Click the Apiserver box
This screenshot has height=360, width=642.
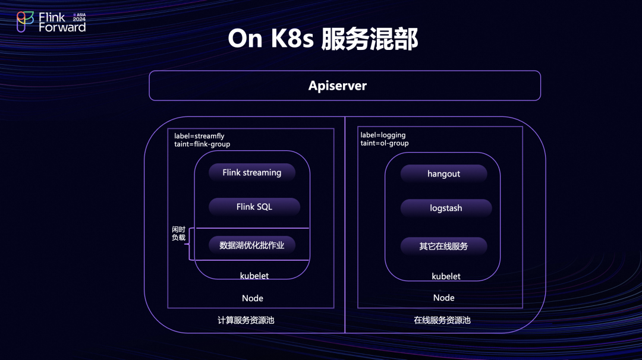(x=344, y=86)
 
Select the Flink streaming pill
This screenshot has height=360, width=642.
(x=251, y=173)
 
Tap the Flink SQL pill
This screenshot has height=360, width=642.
(x=254, y=207)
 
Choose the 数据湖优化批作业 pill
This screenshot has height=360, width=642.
(x=251, y=245)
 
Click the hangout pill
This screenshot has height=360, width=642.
(x=443, y=174)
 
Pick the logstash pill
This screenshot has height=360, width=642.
(x=446, y=209)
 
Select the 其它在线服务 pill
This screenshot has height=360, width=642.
(x=443, y=246)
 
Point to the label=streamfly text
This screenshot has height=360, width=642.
(x=199, y=136)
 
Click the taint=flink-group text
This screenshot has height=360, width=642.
(x=202, y=144)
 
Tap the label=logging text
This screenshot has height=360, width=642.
(x=383, y=135)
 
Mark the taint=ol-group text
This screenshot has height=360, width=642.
(x=385, y=143)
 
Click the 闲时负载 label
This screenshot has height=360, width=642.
(x=178, y=233)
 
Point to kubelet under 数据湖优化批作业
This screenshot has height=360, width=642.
(x=254, y=276)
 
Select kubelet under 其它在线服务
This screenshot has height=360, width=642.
(x=446, y=276)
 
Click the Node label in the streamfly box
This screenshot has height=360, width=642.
(x=253, y=298)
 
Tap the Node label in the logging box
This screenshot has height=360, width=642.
(x=443, y=298)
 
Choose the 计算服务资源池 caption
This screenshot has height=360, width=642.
(x=246, y=320)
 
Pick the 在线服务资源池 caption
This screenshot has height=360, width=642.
(x=442, y=320)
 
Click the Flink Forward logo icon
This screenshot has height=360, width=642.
(x=25, y=22)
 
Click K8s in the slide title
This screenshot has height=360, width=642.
(x=290, y=39)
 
